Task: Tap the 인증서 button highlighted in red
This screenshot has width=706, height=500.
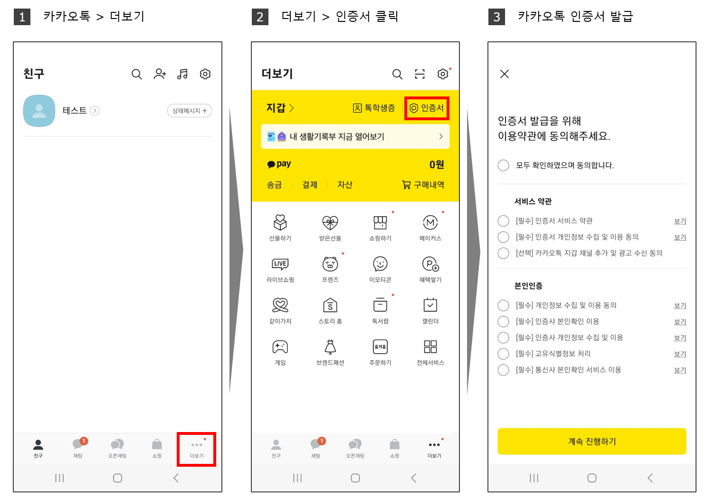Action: pos(427,108)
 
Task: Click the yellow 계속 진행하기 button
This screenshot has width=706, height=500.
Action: pos(592,441)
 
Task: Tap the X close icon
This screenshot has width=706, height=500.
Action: pos(504,74)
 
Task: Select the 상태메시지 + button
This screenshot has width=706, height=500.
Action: pos(190,111)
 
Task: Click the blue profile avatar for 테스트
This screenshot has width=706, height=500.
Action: pos(39,111)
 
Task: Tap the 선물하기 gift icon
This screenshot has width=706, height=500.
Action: pos(280,222)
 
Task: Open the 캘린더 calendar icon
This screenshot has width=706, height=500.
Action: pos(430,305)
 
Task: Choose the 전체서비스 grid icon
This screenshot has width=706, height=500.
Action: pos(430,346)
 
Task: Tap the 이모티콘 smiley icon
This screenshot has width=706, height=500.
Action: pos(380,264)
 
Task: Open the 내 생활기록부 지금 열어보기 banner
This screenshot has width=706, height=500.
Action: pos(355,136)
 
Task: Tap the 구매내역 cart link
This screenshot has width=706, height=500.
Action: pos(423,185)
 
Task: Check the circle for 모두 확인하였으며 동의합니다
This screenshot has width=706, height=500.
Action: pos(503,165)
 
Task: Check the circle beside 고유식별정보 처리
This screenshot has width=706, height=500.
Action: pos(503,354)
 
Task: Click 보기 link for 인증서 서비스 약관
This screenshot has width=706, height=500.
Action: pos(680,221)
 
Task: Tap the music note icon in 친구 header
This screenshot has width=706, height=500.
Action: pos(182,74)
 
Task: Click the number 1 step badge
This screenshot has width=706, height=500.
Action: pos(22,17)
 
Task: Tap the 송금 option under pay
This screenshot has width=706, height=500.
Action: pos(274,185)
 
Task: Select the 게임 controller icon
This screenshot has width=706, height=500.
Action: pos(280,347)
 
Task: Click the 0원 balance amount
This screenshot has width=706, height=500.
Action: pos(437,164)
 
